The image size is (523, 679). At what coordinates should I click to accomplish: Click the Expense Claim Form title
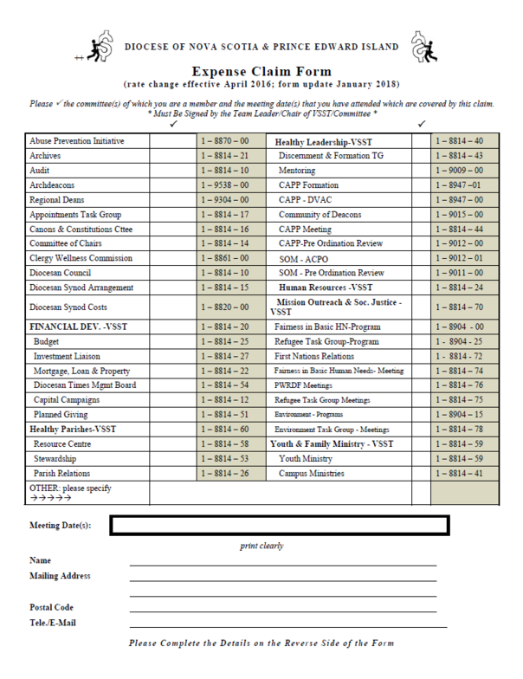(x=261, y=72)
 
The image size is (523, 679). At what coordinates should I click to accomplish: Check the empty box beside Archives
(x=172, y=156)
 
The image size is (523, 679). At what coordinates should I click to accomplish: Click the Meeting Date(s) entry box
(x=279, y=524)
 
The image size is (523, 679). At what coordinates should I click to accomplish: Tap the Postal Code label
(x=52, y=607)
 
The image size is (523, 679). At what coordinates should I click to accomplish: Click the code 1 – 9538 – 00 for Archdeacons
(x=224, y=185)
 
